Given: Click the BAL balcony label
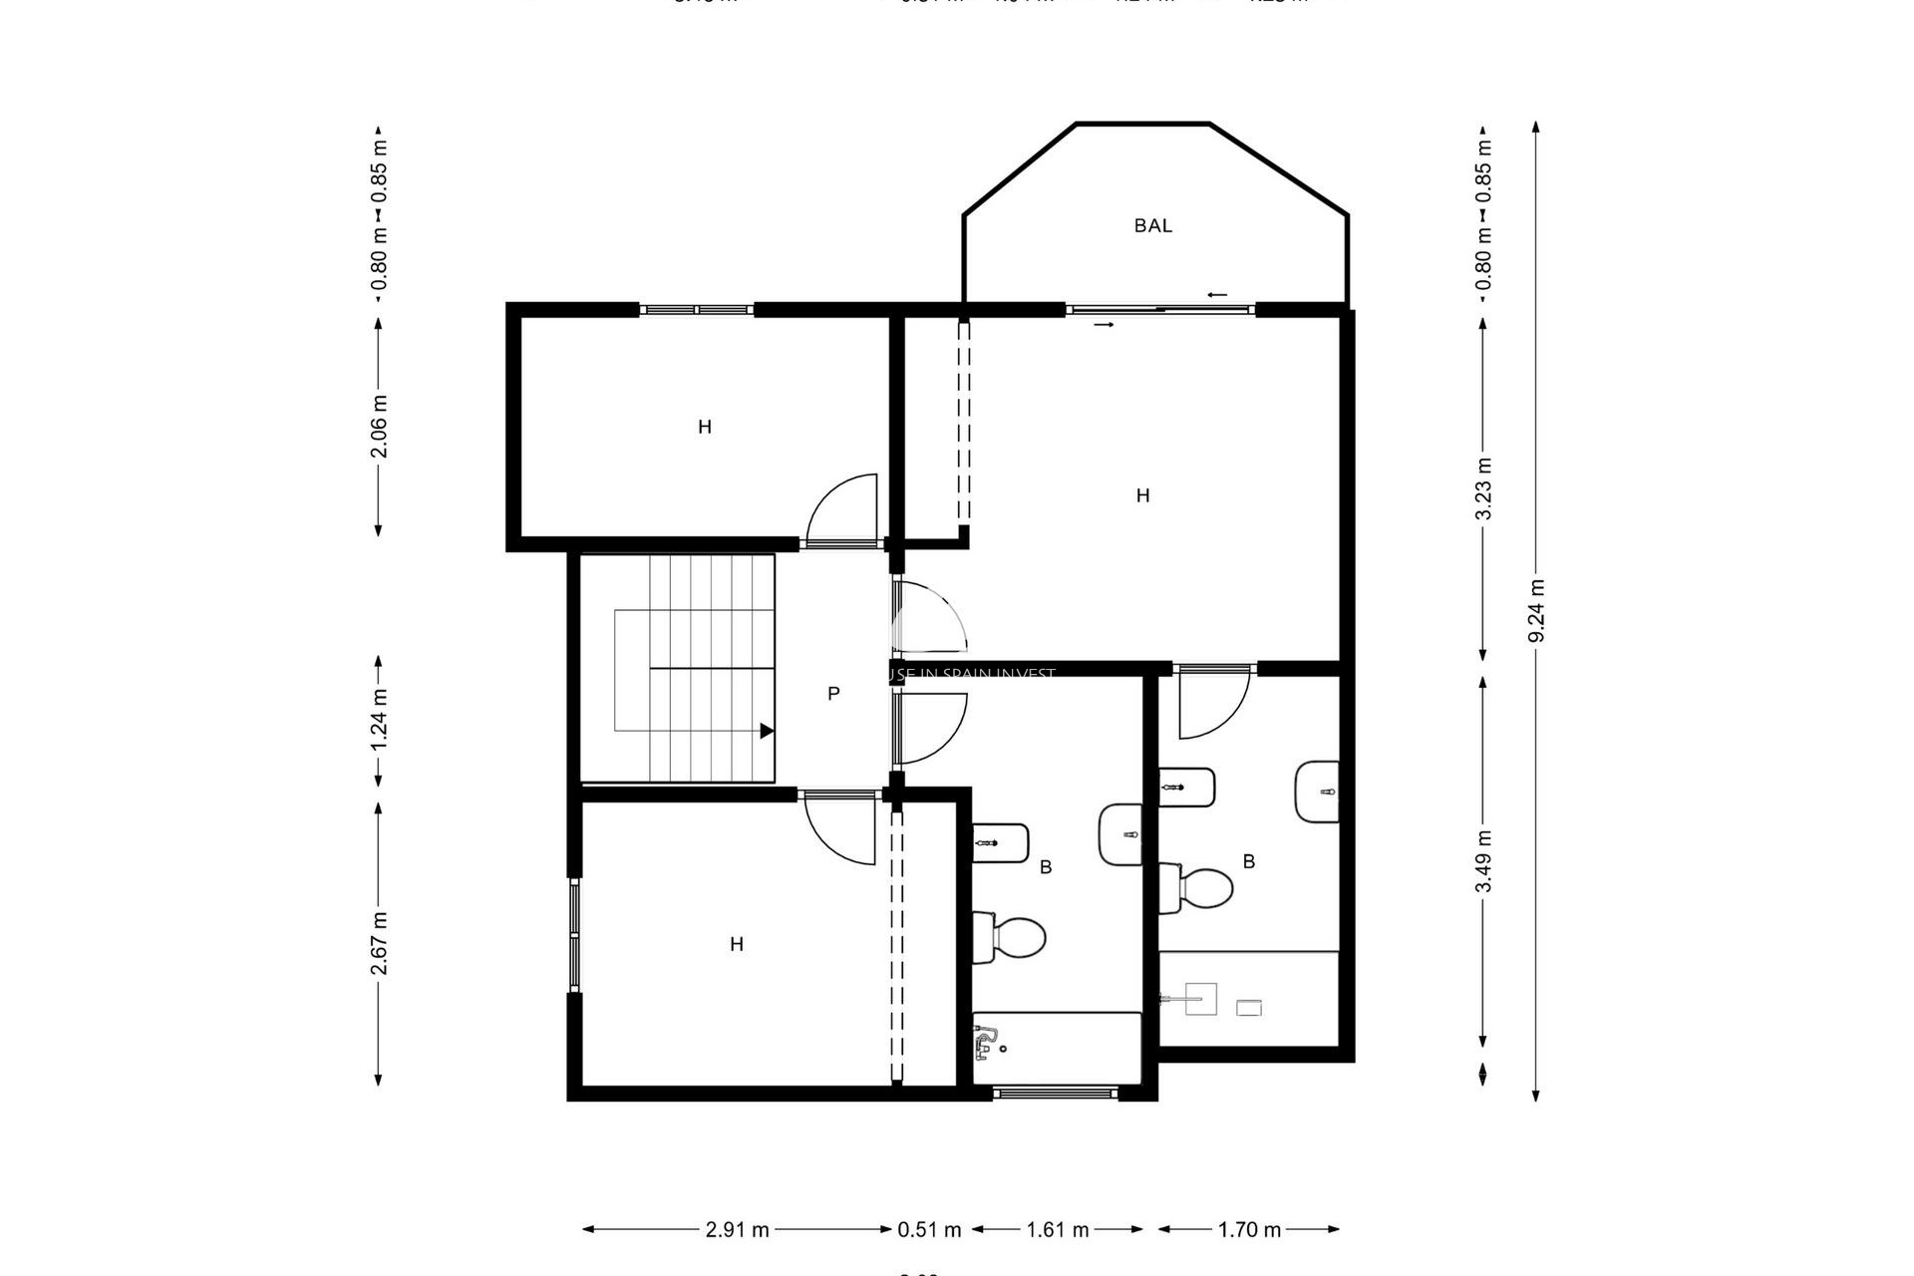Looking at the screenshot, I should (1152, 226).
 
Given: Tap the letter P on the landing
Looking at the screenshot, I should (833, 694).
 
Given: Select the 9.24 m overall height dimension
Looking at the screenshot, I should (1536, 610).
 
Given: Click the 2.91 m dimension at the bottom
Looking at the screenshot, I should (738, 1230).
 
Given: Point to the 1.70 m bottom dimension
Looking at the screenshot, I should (1249, 1230).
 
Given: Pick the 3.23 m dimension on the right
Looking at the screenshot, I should (1483, 487).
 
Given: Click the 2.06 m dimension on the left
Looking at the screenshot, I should (379, 426).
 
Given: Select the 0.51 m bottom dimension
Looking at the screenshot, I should (929, 1230).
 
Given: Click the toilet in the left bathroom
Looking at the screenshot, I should (1011, 937).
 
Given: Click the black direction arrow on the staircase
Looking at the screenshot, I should (767, 731).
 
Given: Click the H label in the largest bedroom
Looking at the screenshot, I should (1142, 495).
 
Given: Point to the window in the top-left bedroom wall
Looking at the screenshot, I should (696, 310).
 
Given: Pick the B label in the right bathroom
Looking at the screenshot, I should (1248, 861).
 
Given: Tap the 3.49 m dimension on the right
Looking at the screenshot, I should (1483, 860).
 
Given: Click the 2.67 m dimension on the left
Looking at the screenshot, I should (379, 943).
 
